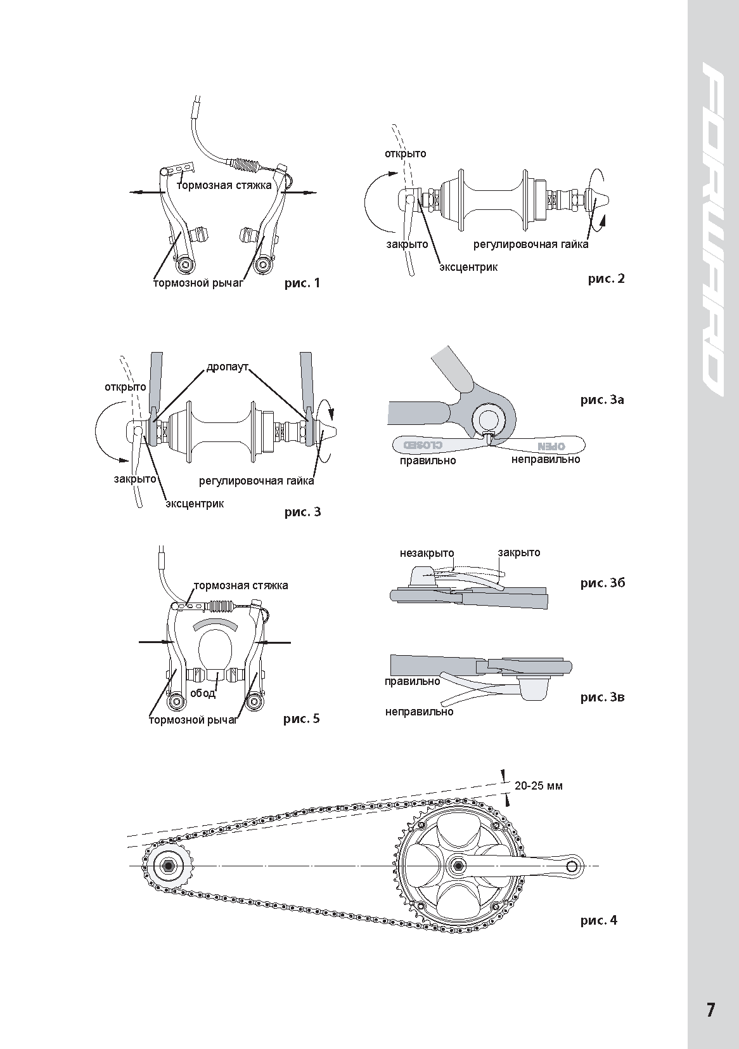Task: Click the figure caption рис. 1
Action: [x=302, y=283]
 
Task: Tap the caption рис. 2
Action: [x=606, y=278]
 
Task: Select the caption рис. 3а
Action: [x=602, y=400]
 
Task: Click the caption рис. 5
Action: [x=302, y=719]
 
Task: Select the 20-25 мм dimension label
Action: [x=538, y=785]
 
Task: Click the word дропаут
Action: [x=227, y=367]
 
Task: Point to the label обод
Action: [x=203, y=693]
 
